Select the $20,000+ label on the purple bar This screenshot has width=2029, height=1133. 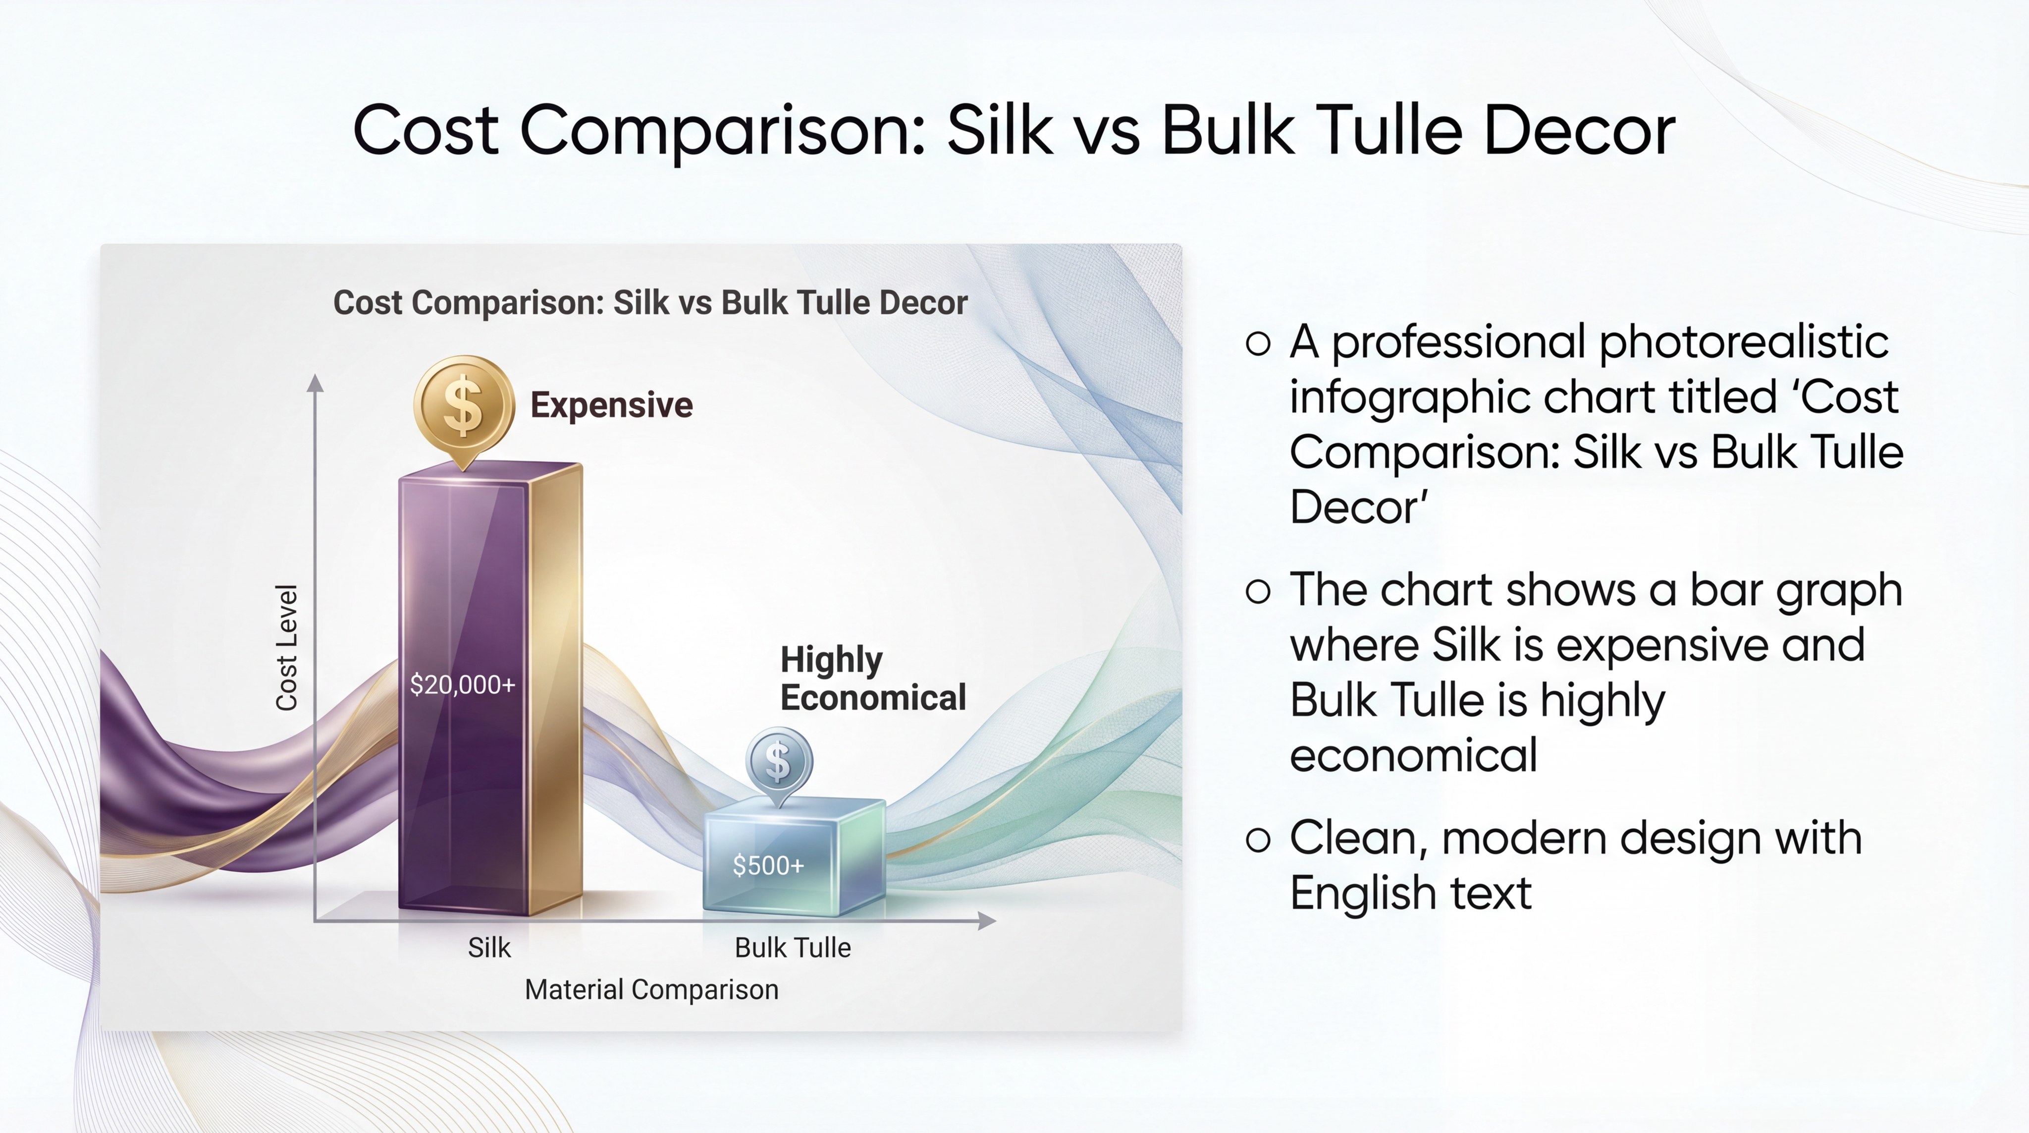point(462,684)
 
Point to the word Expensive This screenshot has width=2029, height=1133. point(611,405)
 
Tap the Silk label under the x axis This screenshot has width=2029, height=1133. point(489,947)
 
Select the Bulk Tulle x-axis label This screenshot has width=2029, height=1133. point(793,947)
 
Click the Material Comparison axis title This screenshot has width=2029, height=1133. point(651,990)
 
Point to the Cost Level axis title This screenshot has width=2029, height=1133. point(286,648)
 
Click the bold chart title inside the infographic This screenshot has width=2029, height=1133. point(650,302)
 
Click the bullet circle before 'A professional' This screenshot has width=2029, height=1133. point(1258,343)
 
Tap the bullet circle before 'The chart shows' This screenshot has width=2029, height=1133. point(1258,591)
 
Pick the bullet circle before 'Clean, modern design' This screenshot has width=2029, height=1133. point(1258,839)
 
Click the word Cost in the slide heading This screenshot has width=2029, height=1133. point(426,130)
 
